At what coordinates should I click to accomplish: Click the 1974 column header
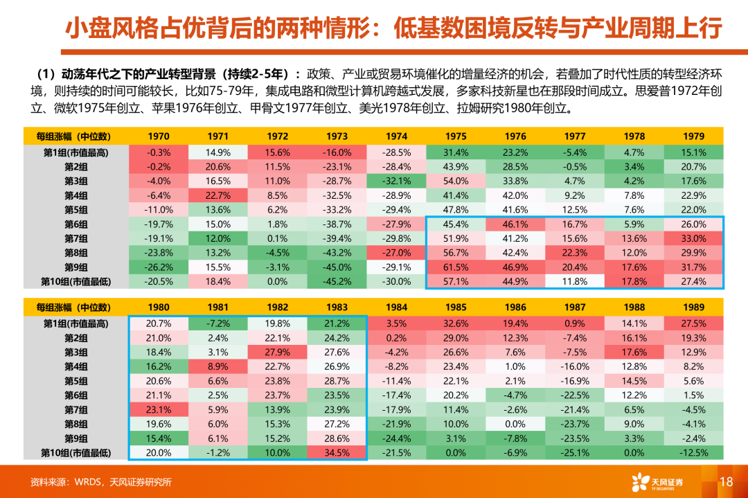396,136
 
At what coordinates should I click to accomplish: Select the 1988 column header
634,308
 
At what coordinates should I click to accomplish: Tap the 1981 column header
217,308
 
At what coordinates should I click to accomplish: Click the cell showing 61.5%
456,267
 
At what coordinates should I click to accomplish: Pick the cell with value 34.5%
337,453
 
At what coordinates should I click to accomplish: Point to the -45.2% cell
337,281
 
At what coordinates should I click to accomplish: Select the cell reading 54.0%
456,181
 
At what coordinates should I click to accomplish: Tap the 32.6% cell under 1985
456,323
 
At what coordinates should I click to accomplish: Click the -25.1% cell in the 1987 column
575,453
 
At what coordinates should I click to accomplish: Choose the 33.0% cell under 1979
693,238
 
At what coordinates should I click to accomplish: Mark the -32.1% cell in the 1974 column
396,181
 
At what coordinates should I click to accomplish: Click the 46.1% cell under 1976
515,224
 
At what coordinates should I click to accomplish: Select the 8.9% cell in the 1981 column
217,366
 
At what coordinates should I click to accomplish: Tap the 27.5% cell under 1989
693,323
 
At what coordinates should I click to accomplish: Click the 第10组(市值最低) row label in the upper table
77,281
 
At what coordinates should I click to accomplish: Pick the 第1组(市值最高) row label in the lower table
77,323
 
